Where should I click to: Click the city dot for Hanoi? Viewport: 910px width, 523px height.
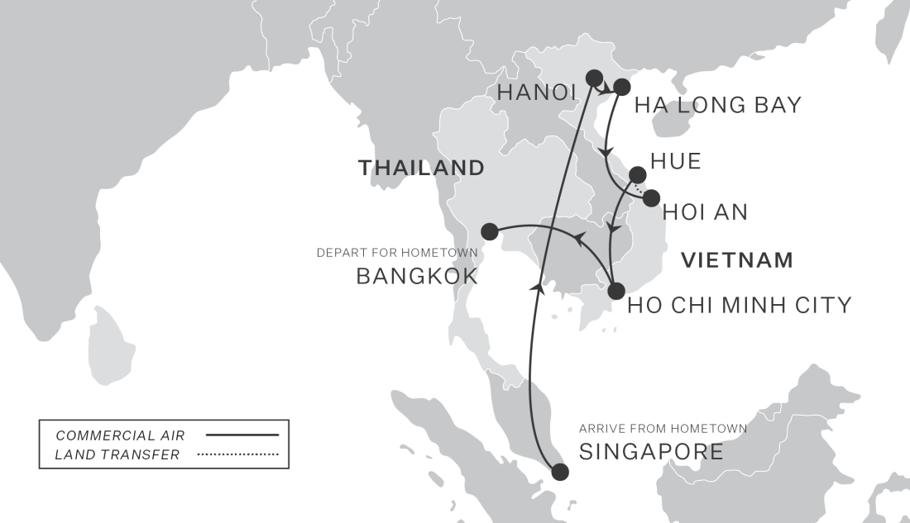[x=593, y=78]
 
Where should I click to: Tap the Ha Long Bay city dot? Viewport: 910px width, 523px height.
[x=623, y=87]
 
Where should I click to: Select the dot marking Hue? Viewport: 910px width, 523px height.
[x=638, y=174]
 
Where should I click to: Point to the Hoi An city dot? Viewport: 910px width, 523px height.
[x=651, y=197]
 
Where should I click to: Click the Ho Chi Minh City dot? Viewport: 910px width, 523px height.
[x=615, y=291]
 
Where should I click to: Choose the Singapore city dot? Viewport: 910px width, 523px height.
[x=560, y=472]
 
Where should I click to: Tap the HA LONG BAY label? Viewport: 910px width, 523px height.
[x=717, y=105]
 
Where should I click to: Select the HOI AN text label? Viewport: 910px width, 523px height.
[x=706, y=212]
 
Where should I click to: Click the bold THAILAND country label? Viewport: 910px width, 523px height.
[x=420, y=168]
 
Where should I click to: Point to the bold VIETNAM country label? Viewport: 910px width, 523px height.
[x=736, y=261]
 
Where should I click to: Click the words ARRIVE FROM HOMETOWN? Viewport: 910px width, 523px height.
[x=663, y=429]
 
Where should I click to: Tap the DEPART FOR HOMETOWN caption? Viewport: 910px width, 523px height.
[x=397, y=253]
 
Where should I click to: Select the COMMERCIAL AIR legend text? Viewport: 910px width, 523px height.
[x=120, y=435]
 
